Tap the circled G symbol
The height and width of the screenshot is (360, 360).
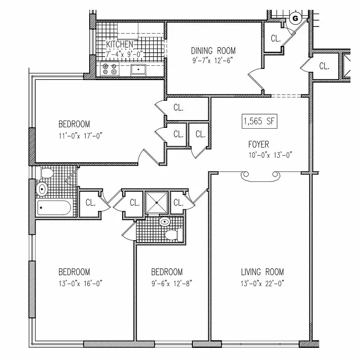point(296,18)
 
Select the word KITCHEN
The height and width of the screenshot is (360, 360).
point(119,44)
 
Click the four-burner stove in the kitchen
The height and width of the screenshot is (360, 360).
point(109,68)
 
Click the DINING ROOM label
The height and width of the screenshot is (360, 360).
point(213,50)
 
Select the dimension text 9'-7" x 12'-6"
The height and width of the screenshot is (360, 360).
point(213,58)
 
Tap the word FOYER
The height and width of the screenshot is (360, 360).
point(259,144)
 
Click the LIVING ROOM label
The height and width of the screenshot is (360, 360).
point(262,272)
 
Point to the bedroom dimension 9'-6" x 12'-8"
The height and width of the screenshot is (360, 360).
point(167,283)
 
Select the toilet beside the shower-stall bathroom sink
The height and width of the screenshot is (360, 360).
point(173,234)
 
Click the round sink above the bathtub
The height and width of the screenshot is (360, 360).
point(42,189)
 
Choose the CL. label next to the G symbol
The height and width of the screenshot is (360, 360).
point(276,39)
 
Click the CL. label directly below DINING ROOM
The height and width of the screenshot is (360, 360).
point(178,108)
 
